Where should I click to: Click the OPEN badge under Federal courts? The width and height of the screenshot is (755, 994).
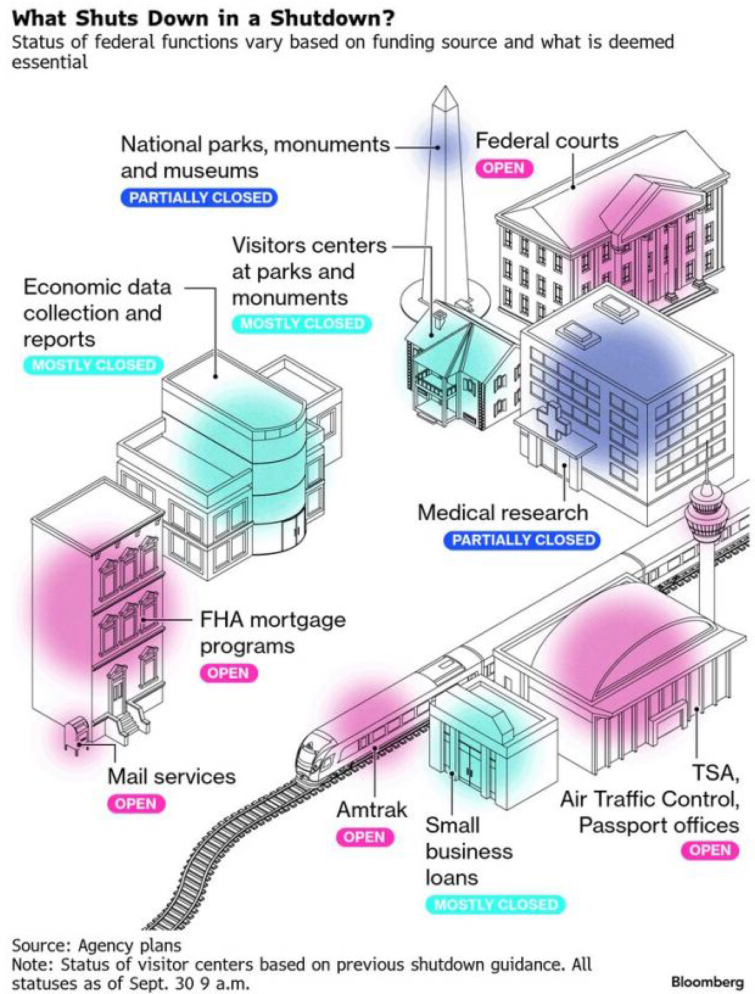504,167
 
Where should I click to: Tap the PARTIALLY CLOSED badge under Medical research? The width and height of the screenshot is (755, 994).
523,540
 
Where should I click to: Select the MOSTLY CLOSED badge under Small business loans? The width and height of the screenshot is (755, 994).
496,904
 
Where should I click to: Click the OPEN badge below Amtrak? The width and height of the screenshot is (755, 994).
364,837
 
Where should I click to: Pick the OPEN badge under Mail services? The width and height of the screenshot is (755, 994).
136,803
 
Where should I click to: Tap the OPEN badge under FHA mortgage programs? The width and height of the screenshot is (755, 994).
228,673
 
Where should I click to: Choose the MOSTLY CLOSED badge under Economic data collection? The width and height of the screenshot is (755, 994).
94,365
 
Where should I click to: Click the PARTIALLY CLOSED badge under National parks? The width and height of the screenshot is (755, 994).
200,198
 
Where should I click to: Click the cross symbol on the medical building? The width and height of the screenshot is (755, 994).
552,421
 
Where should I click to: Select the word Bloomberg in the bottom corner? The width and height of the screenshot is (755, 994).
707,982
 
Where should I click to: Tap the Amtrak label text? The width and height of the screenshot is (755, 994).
371,810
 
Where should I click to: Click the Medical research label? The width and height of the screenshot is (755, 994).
502,513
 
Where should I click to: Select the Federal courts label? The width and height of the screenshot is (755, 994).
546,141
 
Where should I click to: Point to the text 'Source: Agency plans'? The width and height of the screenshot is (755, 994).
96,945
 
